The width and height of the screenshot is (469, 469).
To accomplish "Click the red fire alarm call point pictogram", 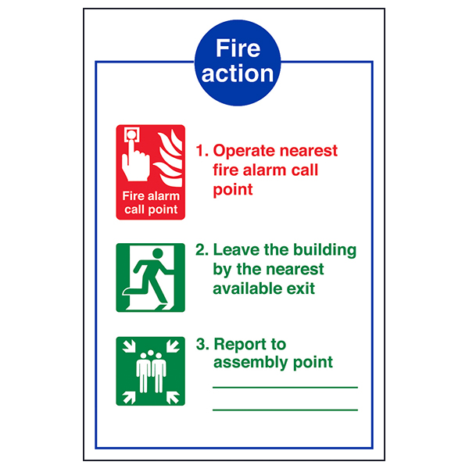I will tap(151, 172).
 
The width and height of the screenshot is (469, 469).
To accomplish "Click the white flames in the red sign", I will tap(170, 156).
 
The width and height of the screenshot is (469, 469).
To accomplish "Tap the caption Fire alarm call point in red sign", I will tap(151, 202).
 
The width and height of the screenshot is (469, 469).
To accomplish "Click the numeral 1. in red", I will tap(202, 151).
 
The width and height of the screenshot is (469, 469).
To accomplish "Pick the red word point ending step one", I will tap(233, 190).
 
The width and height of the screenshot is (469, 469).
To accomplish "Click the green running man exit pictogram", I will tap(151, 277).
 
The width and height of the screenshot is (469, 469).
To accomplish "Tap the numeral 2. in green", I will tap(202, 250).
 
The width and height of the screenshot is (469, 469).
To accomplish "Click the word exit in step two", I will tap(299, 288).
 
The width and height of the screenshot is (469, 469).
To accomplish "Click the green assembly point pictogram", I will tap(151, 371).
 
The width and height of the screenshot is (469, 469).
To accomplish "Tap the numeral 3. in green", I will tap(202, 344).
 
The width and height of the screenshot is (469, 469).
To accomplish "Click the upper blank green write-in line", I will tap(285, 387).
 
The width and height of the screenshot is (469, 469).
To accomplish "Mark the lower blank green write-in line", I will tap(285, 410).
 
